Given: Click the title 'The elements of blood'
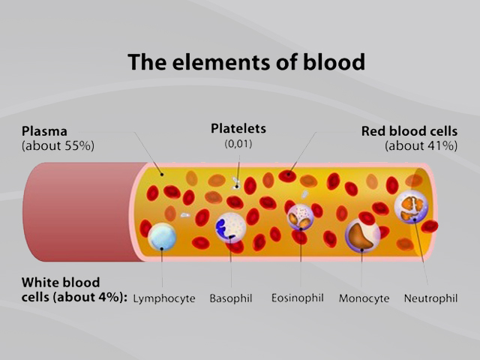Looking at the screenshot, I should pyautogui.click(x=246, y=61).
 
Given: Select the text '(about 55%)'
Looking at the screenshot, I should pyautogui.click(x=58, y=145).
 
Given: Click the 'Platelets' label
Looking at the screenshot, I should pyautogui.click(x=238, y=128).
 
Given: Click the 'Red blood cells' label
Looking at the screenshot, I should pyautogui.click(x=409, y=130).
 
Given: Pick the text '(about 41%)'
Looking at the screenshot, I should pyautogui.click(x=421, y=145).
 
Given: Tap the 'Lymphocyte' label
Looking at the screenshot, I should pyautogui.click(x=163, y=298).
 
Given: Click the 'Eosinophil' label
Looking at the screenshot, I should pyautogui.click(x=297, y=298).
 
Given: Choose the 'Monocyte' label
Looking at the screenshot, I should pyautogui.click(x=364, y=298).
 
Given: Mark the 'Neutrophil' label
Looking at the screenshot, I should pyautogui.click(x=430, y=298).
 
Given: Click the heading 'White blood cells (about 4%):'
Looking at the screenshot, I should pyautogui.click(x=73, y=290).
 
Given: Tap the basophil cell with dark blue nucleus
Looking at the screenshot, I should pyautogui.click(x=230, y=227).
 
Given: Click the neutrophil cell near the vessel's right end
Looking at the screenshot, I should pyautogui.click(x=411, y=206).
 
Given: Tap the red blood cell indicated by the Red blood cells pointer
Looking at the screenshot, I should pyautogui.click(x=286, y=176).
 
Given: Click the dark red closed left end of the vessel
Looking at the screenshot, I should pyautogui.click(x=75, y=211).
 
